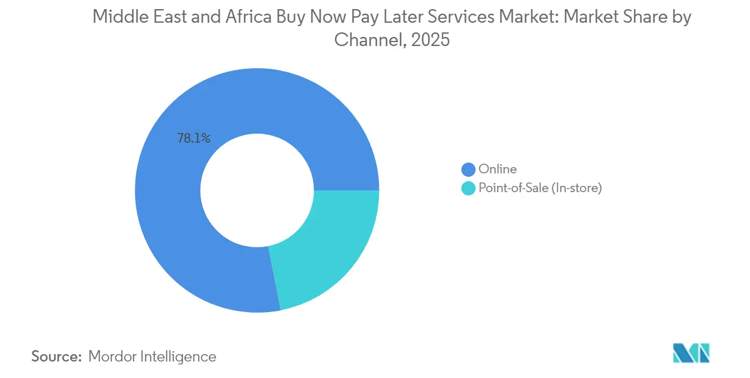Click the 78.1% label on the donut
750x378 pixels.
click(194, 138)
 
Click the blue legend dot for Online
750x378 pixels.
click(468, 169)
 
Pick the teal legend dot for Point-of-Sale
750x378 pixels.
click(468, 188)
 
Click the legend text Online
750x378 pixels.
click(498, 169)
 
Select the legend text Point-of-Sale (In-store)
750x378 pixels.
click(540, 188)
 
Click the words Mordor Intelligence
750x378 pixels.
click(152, 356)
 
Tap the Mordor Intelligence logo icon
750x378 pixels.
click(691, 352)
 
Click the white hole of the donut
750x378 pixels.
click(257, 190)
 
